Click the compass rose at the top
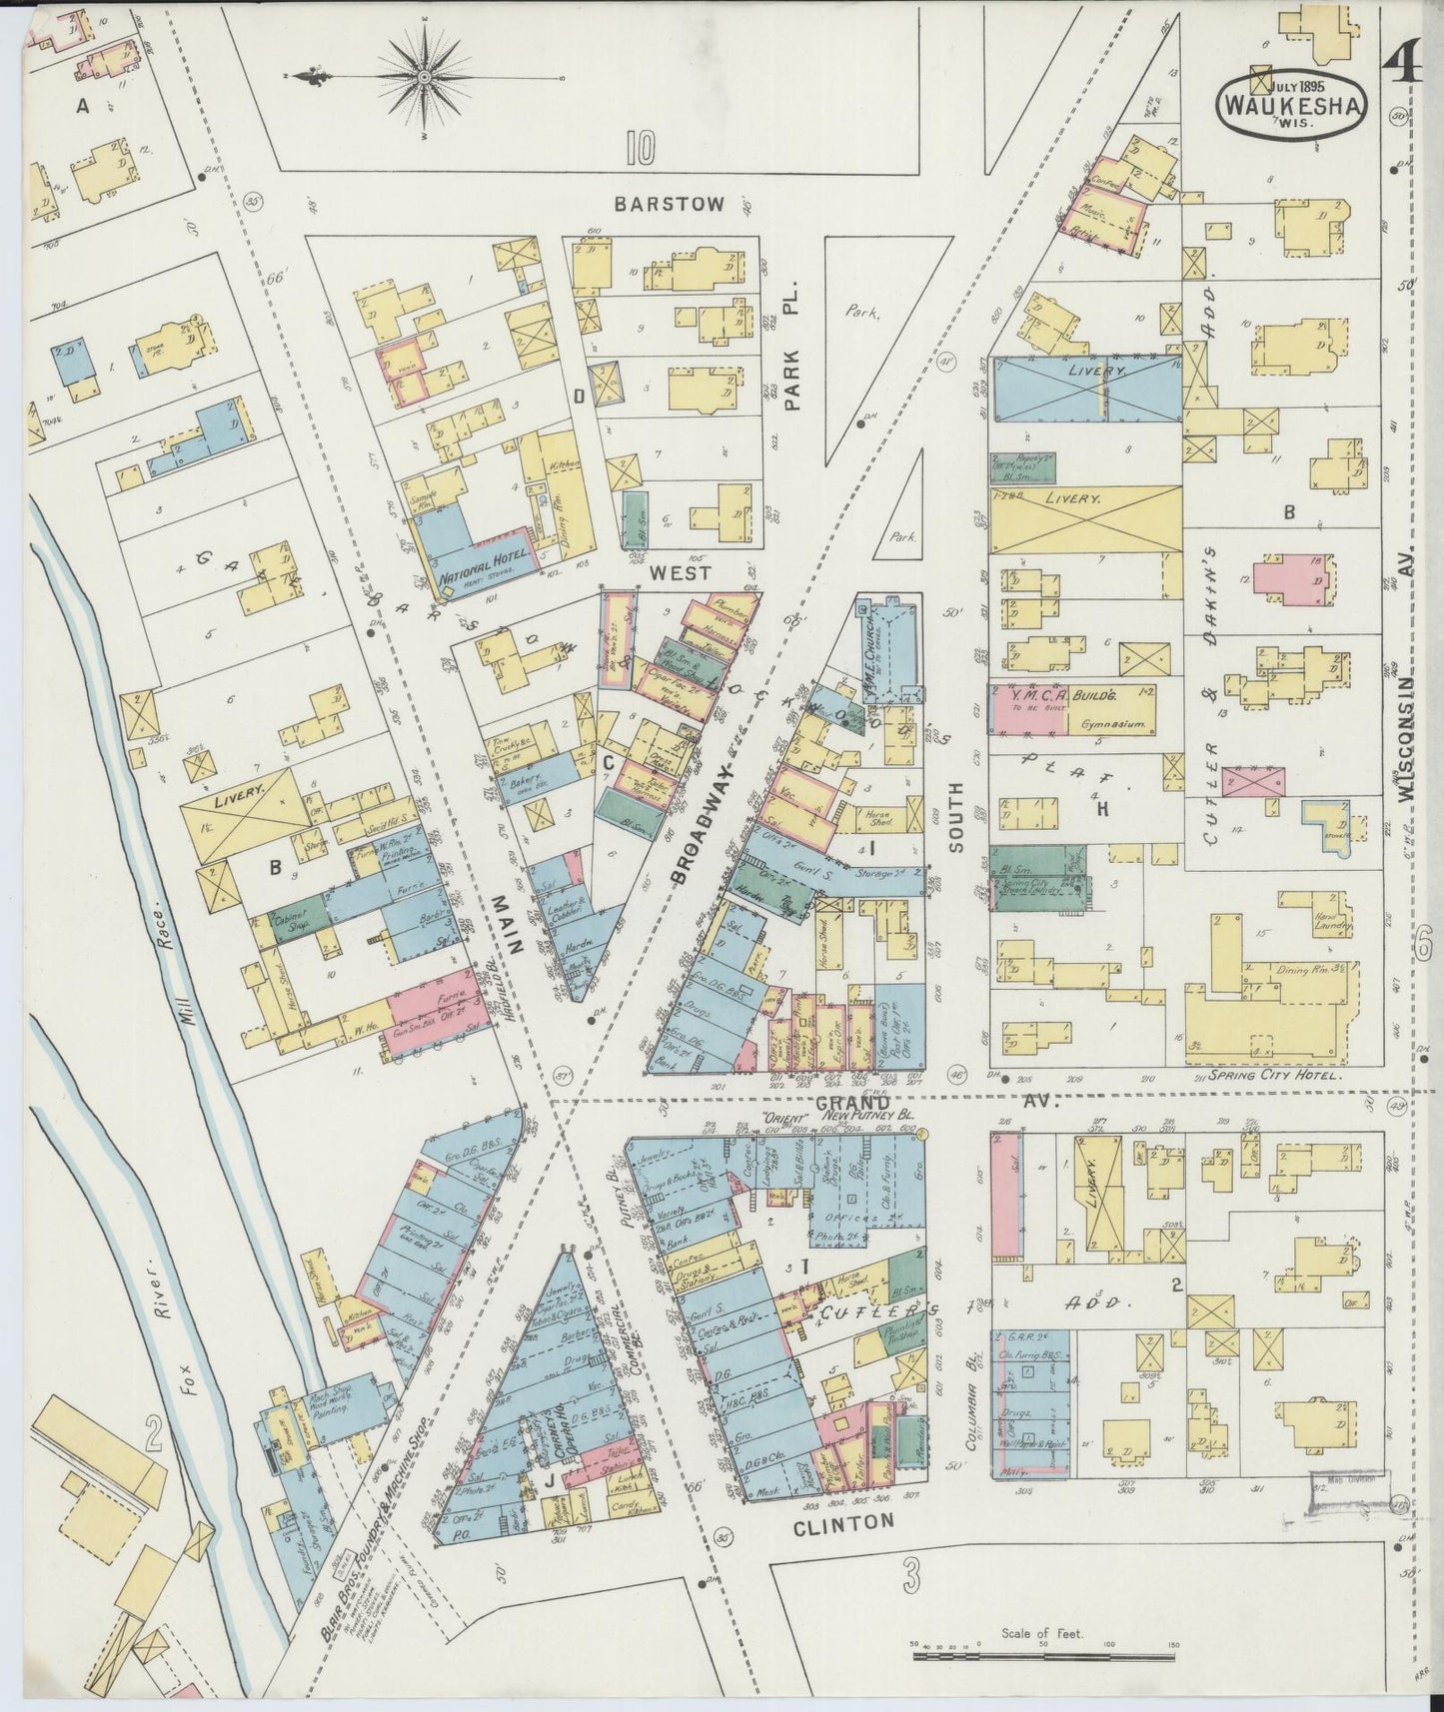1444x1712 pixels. (423, 76)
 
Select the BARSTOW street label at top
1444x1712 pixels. (669, 204)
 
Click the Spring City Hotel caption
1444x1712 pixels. (1272, 1078)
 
